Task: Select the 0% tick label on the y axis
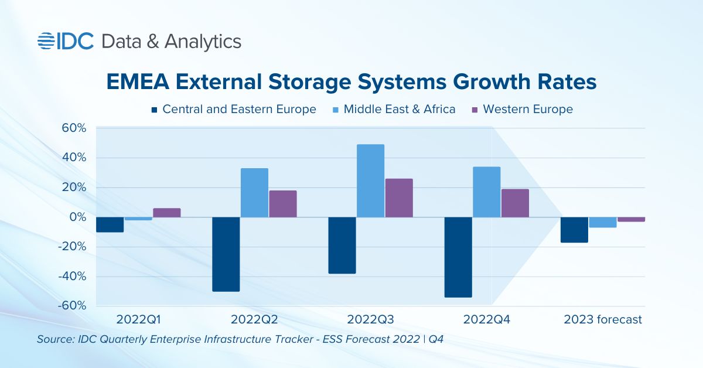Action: (77, 217)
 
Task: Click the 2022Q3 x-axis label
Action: (371, 320)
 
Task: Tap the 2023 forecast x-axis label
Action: (603, 320)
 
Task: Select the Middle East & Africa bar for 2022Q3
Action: (371, 180)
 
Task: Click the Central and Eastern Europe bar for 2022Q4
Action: (459, 257)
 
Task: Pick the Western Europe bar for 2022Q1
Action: (167, 213)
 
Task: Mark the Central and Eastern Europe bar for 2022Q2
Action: (226, 254)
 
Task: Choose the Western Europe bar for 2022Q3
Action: (399, 198)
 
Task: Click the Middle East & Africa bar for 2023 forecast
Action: (603, 223)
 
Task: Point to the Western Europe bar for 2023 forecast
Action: (631, 220)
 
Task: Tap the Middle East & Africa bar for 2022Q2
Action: (254, 193)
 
